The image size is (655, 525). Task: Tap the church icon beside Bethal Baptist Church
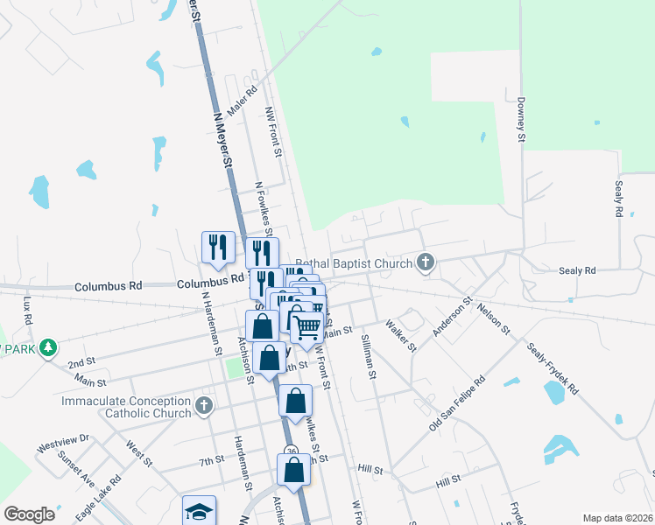pos(426,262)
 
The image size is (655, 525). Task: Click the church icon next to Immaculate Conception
pos(204,406)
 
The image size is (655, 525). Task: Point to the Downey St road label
pos(520,120)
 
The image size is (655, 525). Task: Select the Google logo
pos(29,514)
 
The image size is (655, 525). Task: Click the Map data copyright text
pos(617,518)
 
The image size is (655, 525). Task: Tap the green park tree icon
pos(51,347)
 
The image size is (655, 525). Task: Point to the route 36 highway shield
pos(292,451)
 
